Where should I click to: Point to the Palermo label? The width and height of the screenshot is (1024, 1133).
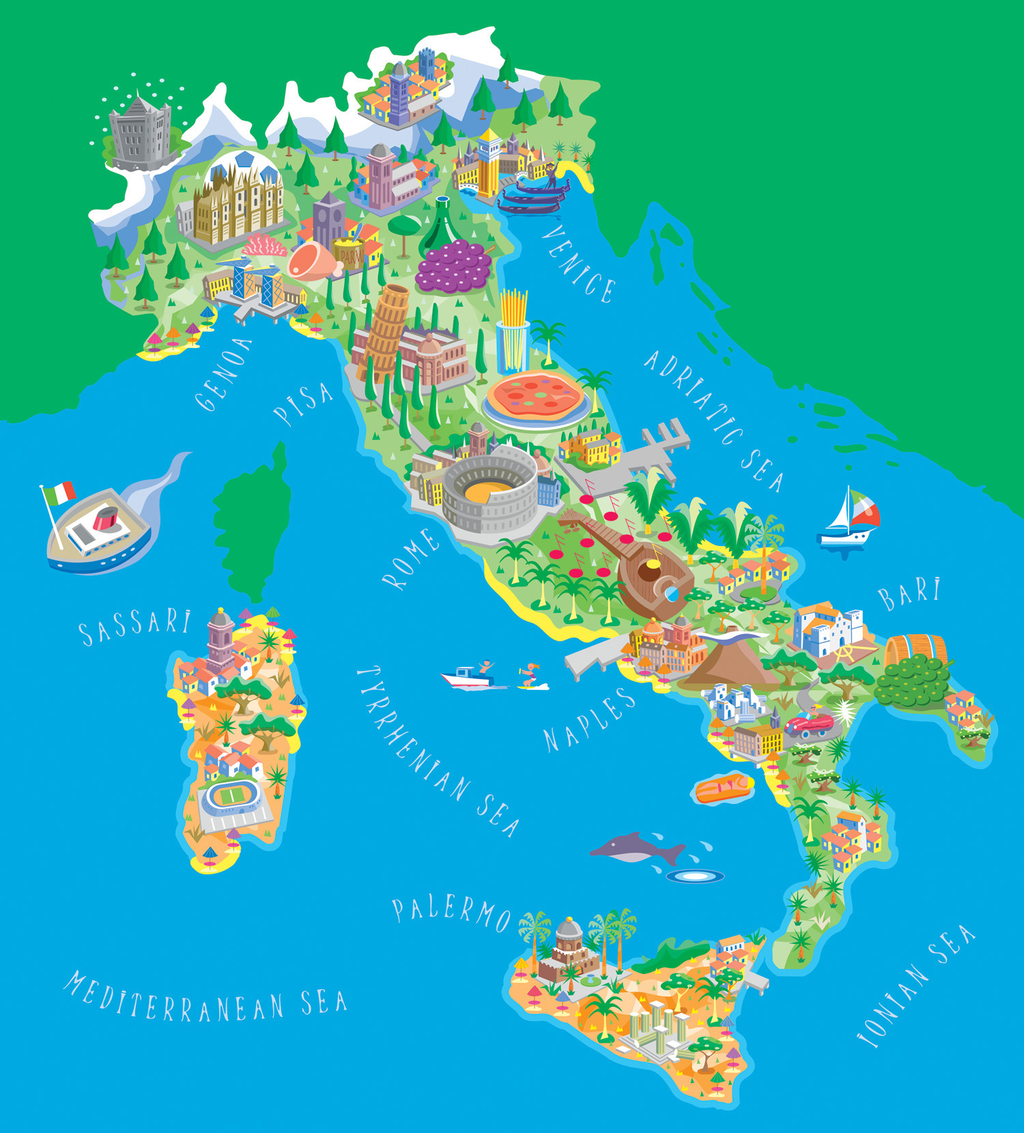[x=451, y=913]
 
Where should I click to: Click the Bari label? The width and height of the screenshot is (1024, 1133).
[x=909, y=594]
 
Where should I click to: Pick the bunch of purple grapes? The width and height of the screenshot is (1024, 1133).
[x=453, y=266]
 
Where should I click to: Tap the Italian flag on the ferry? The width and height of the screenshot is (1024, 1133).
[x=60, y=493]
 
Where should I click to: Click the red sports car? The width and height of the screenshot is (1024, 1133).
[x=810, y=725]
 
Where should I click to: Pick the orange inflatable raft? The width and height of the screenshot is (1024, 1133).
[x=724, y=789]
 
